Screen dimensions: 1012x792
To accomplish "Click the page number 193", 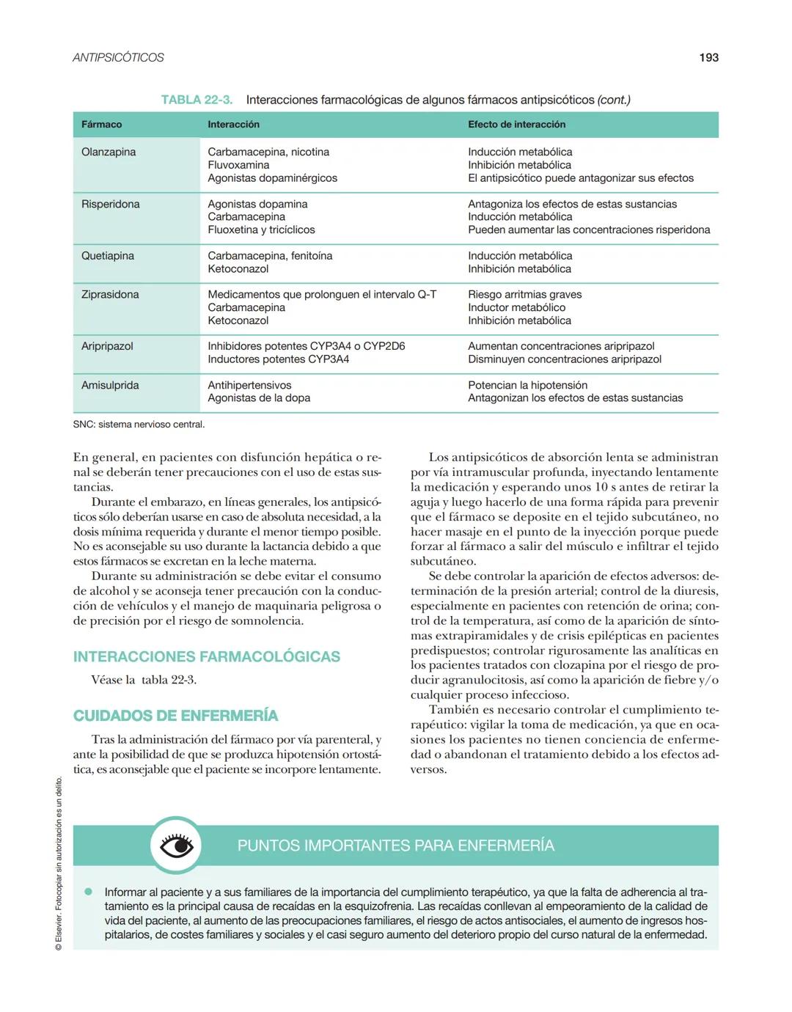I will click(x=708, y=57).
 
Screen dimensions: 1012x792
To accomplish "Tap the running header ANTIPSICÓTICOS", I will click(x=118, y=57).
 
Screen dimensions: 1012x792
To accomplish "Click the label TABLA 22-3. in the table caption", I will click(x=197, y=100).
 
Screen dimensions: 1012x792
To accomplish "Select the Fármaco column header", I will click(x=102, y=125).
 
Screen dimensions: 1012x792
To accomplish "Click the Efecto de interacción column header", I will click(x=516, y=125).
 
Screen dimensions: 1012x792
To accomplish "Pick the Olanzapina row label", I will click(x=109, y=152).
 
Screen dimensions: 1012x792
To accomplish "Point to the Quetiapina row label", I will click(x=108, y=256).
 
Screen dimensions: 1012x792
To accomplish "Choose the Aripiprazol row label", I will click(x=107, y=346).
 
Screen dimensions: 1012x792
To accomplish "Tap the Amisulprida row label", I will click(x=110, y=385).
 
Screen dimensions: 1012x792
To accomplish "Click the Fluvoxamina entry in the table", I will click(x=238, y=165).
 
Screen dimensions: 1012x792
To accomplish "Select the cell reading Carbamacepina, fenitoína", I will click(x=270, y=256).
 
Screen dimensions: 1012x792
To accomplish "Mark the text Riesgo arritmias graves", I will click(x=524, y=294).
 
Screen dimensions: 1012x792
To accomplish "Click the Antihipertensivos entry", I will click(x=249, y=385).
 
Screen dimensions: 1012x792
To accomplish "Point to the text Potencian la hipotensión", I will click(x=527, y=385).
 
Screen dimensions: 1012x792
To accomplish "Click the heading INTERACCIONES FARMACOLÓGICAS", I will click(x=207, y=656).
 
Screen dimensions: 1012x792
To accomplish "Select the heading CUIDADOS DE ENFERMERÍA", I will click(x=175, y=716).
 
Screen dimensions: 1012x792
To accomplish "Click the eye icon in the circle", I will click(x=176, y=846).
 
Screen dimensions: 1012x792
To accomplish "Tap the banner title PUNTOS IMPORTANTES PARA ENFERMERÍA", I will click(x=395, y=846).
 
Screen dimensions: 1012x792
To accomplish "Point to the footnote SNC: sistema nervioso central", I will click(x=139, y=425).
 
